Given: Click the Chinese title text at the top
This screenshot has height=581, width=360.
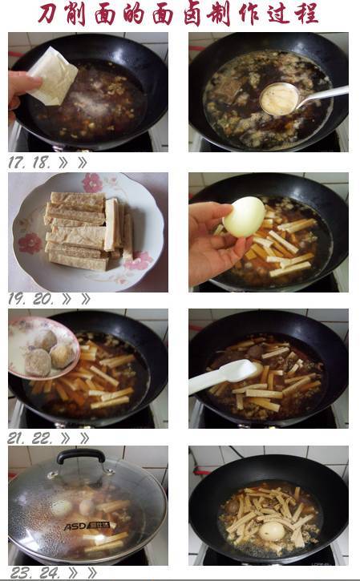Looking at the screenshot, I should [179, 14].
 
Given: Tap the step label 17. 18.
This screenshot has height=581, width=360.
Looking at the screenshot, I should [29, 163].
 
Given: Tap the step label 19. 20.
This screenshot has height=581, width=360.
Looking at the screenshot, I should [29, 300].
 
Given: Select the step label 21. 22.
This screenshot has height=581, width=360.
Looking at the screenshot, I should [29, 438].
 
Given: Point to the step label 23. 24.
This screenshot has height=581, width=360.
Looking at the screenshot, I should [29, 573].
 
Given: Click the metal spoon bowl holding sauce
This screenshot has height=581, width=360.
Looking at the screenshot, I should [278, 99].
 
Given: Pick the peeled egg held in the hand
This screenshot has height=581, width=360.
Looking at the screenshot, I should [244, 216].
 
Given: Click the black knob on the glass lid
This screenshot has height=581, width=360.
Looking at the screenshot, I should [80, 456].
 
